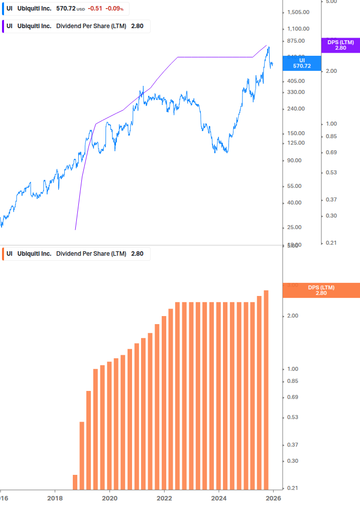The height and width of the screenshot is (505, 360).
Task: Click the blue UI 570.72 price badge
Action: pos(302,63)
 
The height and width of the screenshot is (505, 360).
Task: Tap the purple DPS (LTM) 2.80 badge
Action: pos(340,45)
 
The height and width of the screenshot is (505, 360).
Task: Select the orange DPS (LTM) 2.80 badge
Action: pos(321,290)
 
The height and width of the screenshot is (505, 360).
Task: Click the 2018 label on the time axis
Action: pos(55,498)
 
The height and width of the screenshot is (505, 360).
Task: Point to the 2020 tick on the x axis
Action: pos(109,498)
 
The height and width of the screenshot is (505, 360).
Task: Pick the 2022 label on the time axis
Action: pos(164,498)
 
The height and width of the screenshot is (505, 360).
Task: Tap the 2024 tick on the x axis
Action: pos(219,498)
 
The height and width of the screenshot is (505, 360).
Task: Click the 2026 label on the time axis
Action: pos(273,498)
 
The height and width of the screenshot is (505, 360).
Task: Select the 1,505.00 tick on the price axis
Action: pos(299,13)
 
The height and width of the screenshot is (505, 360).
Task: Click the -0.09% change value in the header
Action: pos(114,9)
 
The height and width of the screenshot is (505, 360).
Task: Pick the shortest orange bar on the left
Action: pos(75,482)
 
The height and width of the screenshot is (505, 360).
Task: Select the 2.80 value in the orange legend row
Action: pos(137,254)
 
